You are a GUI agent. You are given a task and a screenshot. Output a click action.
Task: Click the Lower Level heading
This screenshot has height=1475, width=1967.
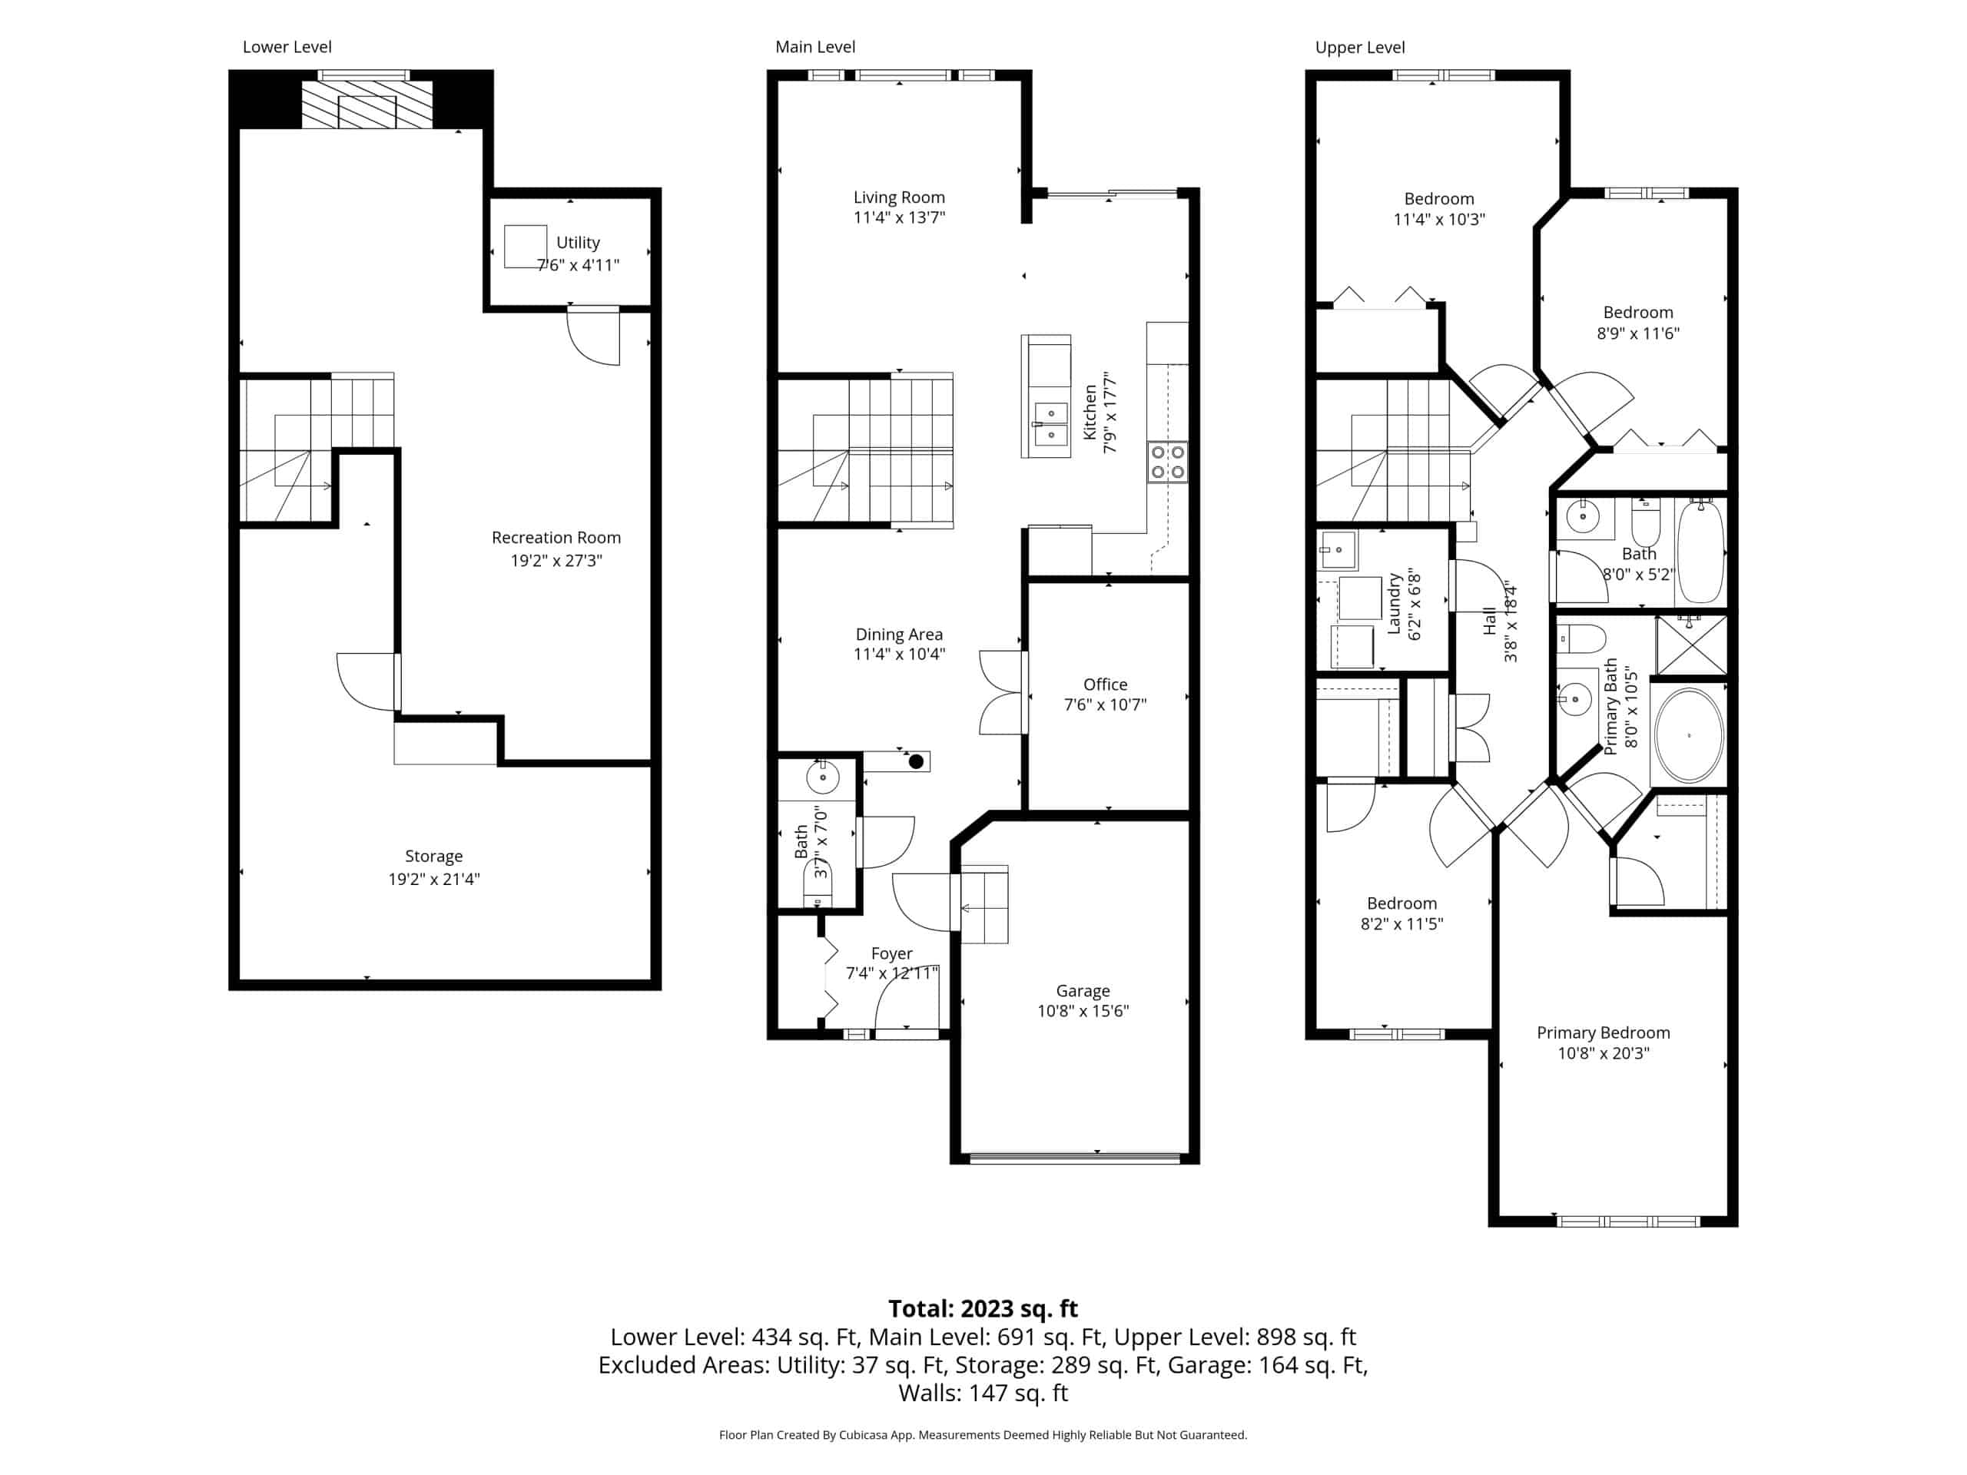pyautogui.click(x=287, y=47)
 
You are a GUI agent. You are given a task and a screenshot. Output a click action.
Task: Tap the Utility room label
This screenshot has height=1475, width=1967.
pyautogui.click(x=578, y=243)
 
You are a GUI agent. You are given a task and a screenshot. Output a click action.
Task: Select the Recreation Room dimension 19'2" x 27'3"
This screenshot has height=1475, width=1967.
pyautogui.click(x=556, y=560)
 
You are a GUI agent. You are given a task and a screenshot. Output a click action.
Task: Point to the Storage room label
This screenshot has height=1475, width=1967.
pyautogui.click(x=434, y=857)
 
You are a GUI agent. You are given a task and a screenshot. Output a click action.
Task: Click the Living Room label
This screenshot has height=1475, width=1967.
pyautogui.click(x=899, y=197)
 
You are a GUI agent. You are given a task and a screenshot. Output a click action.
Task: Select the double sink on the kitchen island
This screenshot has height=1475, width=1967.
pyautogui.click(x=1050, y=424)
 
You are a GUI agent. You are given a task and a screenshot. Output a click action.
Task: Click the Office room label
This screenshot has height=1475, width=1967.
pyautogui.click(x=1106, y=684)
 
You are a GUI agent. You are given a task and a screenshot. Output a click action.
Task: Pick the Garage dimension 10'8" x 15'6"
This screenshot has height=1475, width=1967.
pyautogui.click(x=1083, y=1011)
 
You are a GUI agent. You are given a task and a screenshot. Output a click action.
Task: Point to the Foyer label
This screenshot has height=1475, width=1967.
pyautogui.click(x=892, y=953)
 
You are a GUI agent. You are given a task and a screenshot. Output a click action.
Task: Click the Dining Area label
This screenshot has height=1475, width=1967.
pyautogui.click(x=899, y=635)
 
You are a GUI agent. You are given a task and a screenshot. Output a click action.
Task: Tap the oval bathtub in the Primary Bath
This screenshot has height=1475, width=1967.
pyautogui.click(x=1689, y=735)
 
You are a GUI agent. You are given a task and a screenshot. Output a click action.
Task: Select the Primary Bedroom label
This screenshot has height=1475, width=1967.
pyautogui.click(x=1604, y=1033)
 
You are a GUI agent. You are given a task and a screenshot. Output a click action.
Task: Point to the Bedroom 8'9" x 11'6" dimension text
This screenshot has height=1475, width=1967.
pyautogui.click(x=1638, y=333)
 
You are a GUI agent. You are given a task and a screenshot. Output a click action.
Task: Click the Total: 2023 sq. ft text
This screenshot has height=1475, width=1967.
pyautogui.click(x=983, y=1309)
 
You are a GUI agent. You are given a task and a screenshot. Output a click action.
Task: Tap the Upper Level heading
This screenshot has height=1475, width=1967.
pyautogui.click(x=1360, y=48)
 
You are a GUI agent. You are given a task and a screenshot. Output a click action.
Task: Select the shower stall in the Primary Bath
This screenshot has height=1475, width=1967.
pyautogui.click(x=1690, y=645)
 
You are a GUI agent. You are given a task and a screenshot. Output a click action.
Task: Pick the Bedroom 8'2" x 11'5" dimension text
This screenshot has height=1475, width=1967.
pyautogui.click(x=1401, y=923)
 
